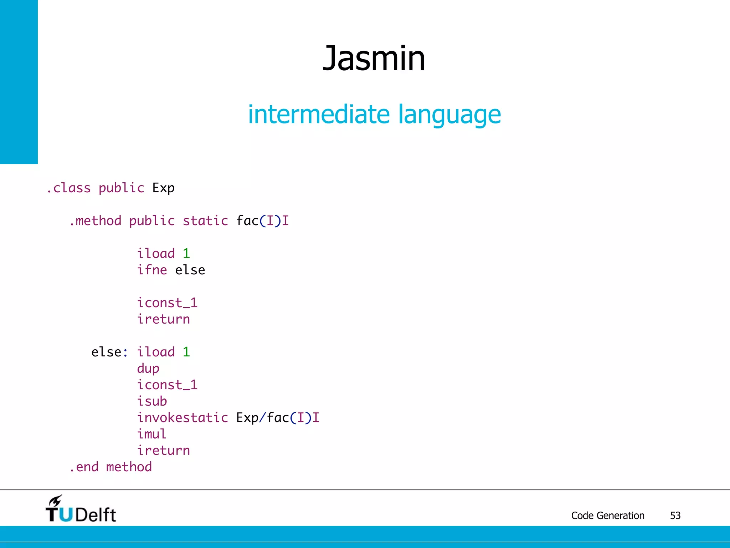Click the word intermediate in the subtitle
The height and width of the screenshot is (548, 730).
(319, 115)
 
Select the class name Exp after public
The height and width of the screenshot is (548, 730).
(163, 188)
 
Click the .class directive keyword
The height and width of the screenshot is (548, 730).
(68, 188)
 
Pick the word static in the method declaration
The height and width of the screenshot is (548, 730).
(205, 221)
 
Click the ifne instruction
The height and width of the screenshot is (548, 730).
(152, 270)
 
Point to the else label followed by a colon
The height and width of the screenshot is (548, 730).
(109, 352)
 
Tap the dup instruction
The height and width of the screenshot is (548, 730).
(148, 369)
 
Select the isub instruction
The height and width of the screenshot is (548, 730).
(152, 401)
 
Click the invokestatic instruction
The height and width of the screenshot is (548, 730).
(182, 418)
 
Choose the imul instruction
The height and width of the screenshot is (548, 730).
(152, 434)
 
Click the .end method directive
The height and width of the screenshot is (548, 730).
(111, 467)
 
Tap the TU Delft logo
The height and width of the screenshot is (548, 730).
(81, 509)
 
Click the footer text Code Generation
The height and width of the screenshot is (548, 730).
(608, 516)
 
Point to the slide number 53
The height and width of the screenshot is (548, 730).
(675, 516)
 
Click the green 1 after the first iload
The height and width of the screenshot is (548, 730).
(186, 254)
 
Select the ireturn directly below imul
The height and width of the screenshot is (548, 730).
(164, 451)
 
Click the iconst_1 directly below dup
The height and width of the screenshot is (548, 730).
(167, 385)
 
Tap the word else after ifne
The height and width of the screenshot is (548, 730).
(190, 270)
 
